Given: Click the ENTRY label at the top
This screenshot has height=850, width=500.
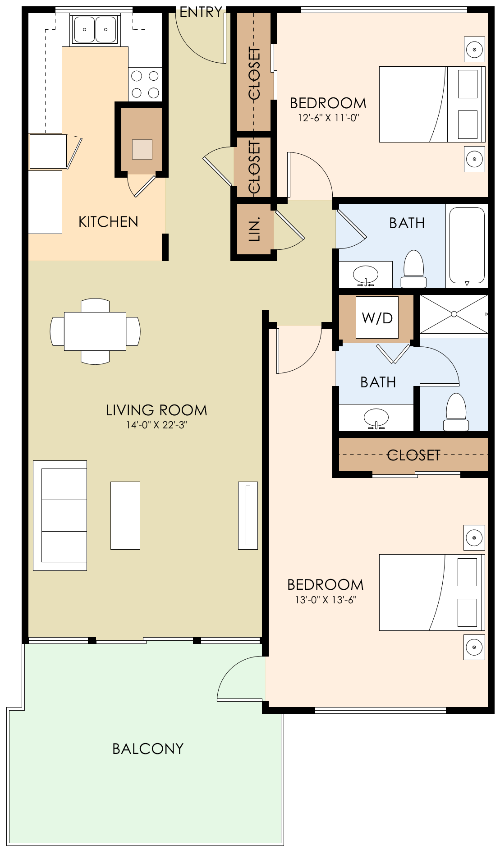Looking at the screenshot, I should tap(201, 12).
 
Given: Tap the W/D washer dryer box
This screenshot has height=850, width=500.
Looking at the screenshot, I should tap(377, 317).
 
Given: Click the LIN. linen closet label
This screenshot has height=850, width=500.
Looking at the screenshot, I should tap(255, 229).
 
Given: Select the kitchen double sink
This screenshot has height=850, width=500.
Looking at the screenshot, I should tap(95, 30).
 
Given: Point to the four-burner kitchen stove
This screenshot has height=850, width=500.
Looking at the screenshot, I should tap(145, 84).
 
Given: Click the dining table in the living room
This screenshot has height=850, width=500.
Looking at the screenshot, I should tap(95, 331).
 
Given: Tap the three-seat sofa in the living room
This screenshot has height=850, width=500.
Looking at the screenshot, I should tap(60, 515).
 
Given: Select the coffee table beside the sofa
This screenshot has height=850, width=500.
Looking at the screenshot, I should tap(125, 515).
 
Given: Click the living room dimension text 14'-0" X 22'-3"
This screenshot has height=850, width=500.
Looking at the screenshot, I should tap(156, 425).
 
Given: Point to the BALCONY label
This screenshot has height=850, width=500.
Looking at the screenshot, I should tap(148, 749).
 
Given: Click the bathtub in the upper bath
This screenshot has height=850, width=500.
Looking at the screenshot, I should tap(467, 245).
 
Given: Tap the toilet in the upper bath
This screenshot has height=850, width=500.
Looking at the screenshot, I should tap(413, 270).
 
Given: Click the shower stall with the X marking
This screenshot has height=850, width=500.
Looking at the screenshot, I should tap(454, 314).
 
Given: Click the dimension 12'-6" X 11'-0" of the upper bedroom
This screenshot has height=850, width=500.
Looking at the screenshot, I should tap(328, 118).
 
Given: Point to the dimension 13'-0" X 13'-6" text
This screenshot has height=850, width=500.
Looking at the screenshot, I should tap(326, 600).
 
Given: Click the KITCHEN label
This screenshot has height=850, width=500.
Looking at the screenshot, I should tap(108, 222).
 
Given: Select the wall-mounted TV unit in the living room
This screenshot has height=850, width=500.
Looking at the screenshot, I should tap(248, 515).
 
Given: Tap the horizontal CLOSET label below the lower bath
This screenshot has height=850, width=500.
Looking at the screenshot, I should tap(413, 455).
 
